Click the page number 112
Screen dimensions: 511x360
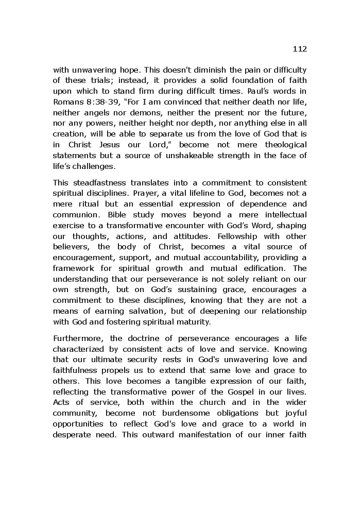[299, 49]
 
